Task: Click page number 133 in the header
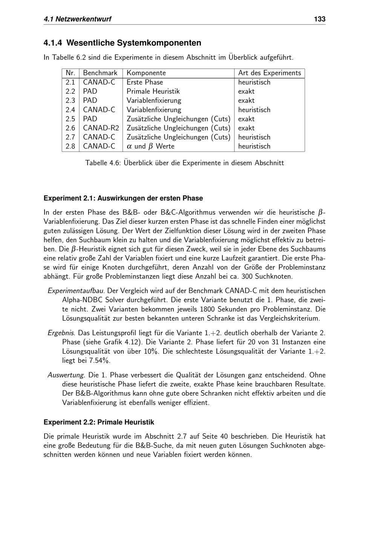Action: pyautogui.click(x=319, y=19)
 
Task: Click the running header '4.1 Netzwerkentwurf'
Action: pyautogui.click(x=77, y=19)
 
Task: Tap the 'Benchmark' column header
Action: pyautogui.click(x=100, y=73)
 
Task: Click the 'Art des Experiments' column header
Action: pyautogui.click(x=270, y=73)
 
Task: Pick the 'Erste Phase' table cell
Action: pyautogui.click(x=145, y=82)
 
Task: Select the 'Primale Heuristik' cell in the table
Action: pyautogui.click(x=153, y=91)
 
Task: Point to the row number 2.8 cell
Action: pyautogui.click(x=70, y=146)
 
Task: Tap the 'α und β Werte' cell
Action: pyautogui.click(x=150, y=146)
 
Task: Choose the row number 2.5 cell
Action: pyautogui.click(x=70, y=119)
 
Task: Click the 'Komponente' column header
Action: pyautogui.click(x=146, y=73)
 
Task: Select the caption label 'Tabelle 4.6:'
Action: pyautogui.click(x=103, y=163)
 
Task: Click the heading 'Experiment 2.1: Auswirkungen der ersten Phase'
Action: pyautogui.click(x=123, y=198)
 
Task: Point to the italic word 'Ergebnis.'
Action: pyautogui.click(x=62, y=333)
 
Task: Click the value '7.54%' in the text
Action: pyautogui.click(x=100, y=361)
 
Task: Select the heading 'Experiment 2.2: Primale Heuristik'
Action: pyautogui.click(x=99, y=422)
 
